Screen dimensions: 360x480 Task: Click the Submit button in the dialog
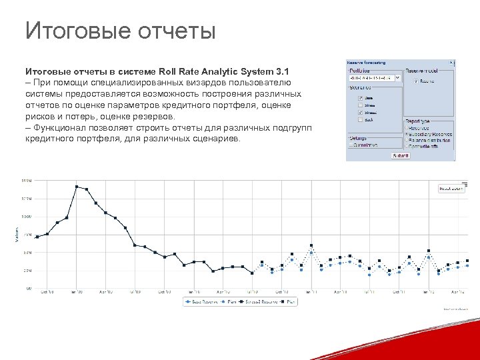pos(401,155)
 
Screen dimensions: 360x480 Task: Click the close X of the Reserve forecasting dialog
pos(451,63)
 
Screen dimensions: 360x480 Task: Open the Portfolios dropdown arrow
pos(398,77)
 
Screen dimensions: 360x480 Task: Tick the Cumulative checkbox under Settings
pos(351,145)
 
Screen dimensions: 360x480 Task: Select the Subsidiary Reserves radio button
pos(407,133)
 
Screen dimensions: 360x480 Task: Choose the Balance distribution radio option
pos(407,139)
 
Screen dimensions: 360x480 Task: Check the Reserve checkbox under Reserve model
pos(416,81)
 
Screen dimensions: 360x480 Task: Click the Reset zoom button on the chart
pos(451,189)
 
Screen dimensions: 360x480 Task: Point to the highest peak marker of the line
pos(77,186)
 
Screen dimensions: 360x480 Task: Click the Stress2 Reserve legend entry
pos(261,302)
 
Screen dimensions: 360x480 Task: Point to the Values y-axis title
pos(17,235)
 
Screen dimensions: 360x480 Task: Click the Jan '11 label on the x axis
pos(311,292)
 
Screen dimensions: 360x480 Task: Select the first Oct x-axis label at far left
pos(47,292)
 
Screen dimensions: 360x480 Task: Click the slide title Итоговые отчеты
pos(120,31)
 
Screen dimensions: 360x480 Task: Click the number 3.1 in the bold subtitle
pos(283,71)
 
